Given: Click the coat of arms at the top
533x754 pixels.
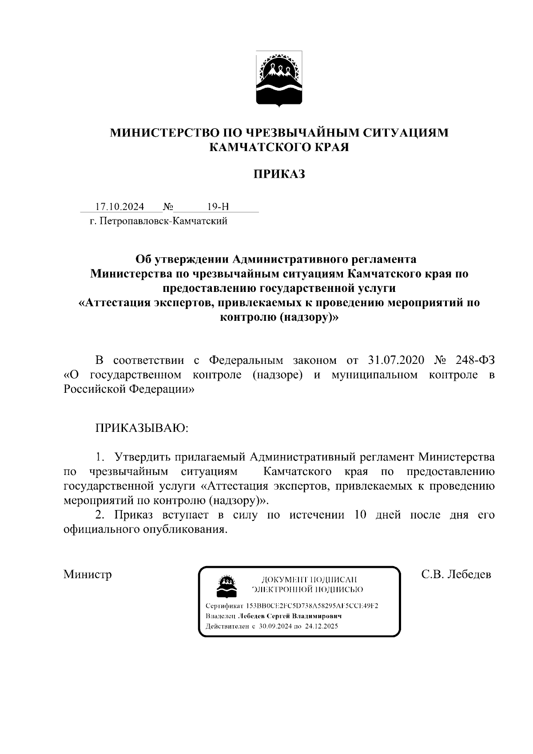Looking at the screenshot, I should [x=279, y=79].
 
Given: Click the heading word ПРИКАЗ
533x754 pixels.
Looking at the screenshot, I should [x=279, y=174].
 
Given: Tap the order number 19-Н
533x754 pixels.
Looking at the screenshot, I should [x=218, y=207].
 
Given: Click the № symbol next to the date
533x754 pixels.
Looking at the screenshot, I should [x=168, y=207].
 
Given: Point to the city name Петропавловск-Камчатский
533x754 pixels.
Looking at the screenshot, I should [x=163, y=221].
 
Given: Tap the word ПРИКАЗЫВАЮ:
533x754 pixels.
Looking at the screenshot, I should [x=142, y=428].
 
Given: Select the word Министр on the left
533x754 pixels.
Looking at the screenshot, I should [x=88, y=574].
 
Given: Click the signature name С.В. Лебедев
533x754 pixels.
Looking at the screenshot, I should [x=456, y=574].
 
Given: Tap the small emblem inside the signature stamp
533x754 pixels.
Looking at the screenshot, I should [x=227, y=586].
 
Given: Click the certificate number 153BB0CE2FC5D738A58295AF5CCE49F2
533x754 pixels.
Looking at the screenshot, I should [x=312, y=606].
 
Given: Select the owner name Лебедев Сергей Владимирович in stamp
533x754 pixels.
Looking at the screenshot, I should [x=290, y=616].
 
